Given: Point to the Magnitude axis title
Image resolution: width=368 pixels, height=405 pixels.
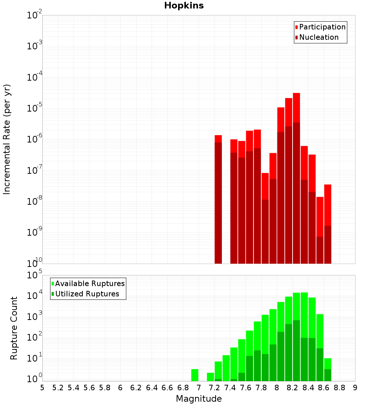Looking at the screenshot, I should [199, 399].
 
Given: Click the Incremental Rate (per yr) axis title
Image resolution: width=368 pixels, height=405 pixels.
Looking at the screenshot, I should [7, 139].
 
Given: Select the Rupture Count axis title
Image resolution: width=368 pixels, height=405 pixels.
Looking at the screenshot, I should [14, 328].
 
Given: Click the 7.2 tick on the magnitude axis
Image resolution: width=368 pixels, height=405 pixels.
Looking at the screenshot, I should [214, 388].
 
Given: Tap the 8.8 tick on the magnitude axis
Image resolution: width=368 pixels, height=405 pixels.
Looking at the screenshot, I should [339, 388].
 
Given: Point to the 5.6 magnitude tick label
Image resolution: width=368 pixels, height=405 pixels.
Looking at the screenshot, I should [89, 388].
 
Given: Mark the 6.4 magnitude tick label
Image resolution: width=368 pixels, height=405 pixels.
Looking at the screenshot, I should [152, 388].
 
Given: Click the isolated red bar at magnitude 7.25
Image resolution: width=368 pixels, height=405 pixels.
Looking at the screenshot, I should [218, 199].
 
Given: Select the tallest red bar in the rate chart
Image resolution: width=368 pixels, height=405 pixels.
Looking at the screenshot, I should [297, 177].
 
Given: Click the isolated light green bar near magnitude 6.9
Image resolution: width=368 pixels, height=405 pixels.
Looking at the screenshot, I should [195, 375].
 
